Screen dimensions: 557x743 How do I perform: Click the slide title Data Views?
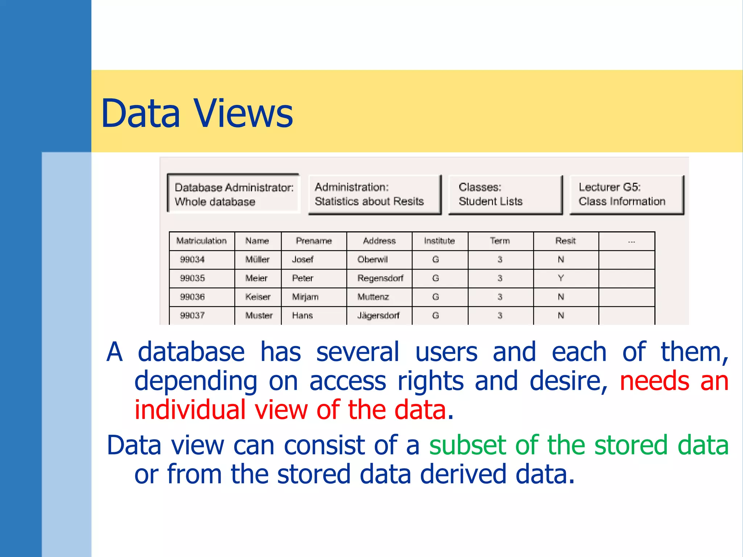point(197,114)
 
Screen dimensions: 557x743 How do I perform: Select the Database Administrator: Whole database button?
point(234,194)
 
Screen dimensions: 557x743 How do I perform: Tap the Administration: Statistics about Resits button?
point(374,194)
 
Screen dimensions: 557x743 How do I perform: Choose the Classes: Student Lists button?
point(505,194)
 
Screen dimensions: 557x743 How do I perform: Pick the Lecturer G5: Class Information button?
point(626,194)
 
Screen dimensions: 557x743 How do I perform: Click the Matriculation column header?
point(201,241)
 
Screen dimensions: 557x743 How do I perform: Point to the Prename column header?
point(314,241)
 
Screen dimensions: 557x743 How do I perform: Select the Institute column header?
point(439,241)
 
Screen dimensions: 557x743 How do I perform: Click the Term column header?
point(500,241)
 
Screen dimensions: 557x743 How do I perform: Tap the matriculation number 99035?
point(192,278)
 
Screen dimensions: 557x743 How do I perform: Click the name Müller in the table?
point(257,260)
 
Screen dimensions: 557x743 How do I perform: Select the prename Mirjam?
point(305,297)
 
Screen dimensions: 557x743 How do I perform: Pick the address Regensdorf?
point(380,278)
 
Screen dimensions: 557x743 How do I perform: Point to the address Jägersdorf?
point(378,315)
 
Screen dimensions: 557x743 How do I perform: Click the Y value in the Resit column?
point(561,278)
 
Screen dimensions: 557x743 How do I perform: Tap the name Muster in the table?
point(259,315)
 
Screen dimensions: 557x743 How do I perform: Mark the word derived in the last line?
point(463,474)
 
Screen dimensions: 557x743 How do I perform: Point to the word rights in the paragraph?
point(431,381)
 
